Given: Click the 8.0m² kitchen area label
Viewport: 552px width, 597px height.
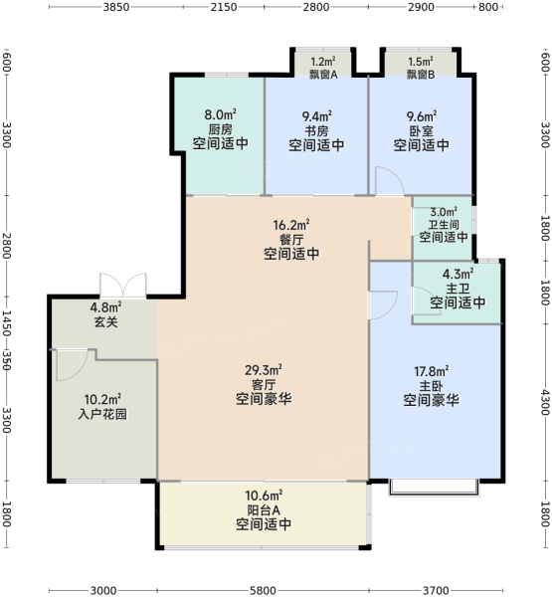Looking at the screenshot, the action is pos(221,114).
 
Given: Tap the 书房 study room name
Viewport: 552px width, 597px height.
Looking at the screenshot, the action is pos(316,131).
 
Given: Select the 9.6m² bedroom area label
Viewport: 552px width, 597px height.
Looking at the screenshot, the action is pos(422,115).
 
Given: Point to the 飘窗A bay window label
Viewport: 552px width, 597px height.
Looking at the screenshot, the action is pos(323,75).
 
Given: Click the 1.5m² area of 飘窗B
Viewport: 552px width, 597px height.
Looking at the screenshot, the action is pos(421,62).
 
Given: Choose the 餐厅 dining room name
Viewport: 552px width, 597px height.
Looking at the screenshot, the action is pos(291,240).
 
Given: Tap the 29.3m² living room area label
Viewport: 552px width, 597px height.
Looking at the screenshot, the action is pos(264,370).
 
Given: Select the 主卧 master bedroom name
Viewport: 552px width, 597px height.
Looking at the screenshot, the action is pos(432,386).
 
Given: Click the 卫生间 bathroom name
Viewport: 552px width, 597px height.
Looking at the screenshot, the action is pos(444,225).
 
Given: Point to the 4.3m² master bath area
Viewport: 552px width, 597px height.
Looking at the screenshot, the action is pos(458,274).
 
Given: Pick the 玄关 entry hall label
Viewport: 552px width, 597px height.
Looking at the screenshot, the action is pos(105,322).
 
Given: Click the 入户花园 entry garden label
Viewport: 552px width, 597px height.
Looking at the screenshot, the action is pos(102,414).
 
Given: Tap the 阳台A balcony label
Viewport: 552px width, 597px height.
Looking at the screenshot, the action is pos(264,509).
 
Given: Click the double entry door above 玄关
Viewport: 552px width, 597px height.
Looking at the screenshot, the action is pos(123,285).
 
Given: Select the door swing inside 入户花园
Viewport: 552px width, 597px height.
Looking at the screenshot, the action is pos(73,365).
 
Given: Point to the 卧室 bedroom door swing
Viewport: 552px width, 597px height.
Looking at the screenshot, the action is pos(390,180).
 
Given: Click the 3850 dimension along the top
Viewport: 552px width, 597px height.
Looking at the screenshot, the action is pos(116,7).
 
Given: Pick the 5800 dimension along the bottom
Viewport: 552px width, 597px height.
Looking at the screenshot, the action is pos(263,590).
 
